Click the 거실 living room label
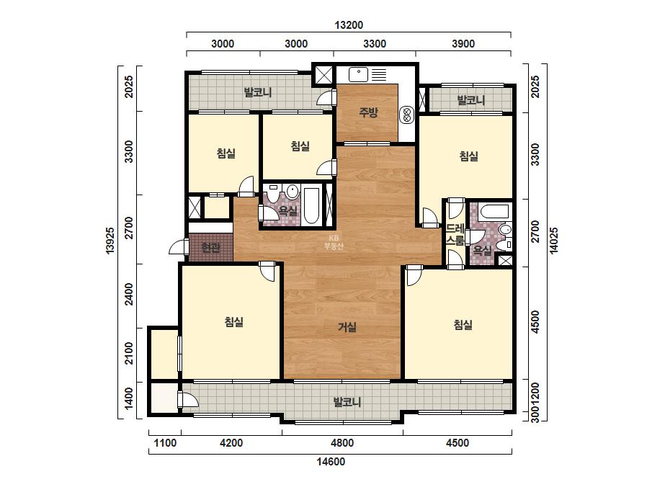[x=347, y=327]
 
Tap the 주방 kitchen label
[x=368, y=112]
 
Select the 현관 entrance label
[x=210, y=247]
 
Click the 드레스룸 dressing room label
[x=455, y=234]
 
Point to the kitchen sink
[x=359, y=75]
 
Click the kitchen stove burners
[x=406, y=114]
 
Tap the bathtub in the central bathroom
[x=311, y=205]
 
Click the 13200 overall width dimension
[x=349, y=25]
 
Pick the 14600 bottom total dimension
[x=331, y=462]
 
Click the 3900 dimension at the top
[x=463, y=44]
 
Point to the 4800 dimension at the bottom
[x=342, y=443]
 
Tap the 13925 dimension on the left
[x=110, y=241]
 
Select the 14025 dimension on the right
[x=554, y=241]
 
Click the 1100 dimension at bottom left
[x=165, y=443]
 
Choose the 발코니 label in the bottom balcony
[x=347, y=402]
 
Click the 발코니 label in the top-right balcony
[x=470, y=101]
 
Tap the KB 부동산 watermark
[x=334, y=242]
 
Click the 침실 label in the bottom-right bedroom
[x=463, y=325]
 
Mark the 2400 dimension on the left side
[x=129, y=294]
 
